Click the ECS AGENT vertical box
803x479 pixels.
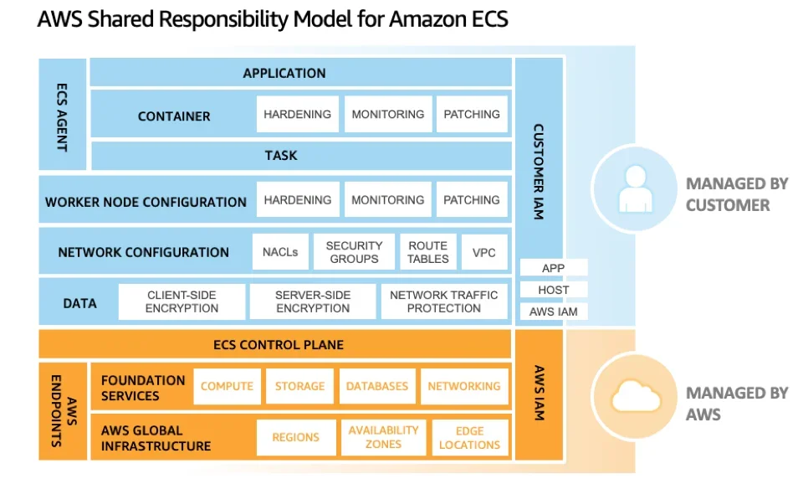62,115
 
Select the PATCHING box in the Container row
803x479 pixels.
472,115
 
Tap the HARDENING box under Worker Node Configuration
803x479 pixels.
298,200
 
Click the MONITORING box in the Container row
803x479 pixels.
388,115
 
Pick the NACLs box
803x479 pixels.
279,252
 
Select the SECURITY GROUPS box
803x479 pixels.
354,252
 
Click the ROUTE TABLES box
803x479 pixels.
427,252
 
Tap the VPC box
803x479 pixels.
484,252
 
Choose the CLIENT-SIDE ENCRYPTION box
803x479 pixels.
182,301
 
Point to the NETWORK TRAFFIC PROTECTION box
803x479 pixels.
443,301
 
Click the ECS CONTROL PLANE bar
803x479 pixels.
276,344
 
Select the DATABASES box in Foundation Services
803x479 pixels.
377,386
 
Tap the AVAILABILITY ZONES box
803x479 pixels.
383,437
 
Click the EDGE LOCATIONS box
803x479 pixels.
470,437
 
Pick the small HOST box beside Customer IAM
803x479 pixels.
554,290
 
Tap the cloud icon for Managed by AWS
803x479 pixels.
634,397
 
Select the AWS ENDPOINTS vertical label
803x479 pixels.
62,411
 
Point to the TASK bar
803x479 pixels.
281,156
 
